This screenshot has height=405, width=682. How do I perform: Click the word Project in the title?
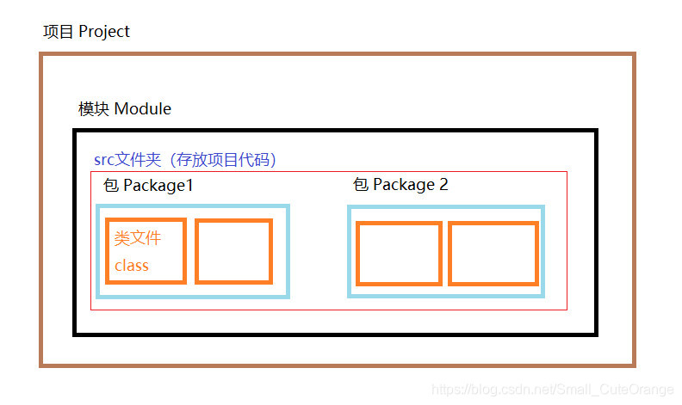pyautogui.click(x=104, y=32)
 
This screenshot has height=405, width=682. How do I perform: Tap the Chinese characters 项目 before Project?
pyautogui.click(x=59, y=32)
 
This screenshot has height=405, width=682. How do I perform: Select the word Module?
pyautogui.click(x=142, y=109)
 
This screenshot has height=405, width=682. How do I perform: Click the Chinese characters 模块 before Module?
pyautogui.click(x=94, y=109)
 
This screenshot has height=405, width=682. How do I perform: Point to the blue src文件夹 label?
pyautogui.click(x=129, y=160)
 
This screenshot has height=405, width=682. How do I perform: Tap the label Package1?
pyautogui.click(x=158, y=186)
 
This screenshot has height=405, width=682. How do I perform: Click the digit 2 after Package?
pyautogui.click(x=443, y=185)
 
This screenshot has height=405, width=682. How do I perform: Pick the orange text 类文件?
pyautogui.click(x=138, y=238)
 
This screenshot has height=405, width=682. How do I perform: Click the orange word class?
pyautogui.click(x=132, y=266)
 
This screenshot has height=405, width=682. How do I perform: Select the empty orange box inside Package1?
pyautogui.click(x=233, y=251)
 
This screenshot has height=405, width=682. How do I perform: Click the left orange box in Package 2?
pyautogui.click(x=399, y=253)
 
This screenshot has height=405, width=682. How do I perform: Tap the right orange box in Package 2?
pyautogui.click(x=493, y=253)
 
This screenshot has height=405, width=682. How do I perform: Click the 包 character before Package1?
pyautogui.click(x=110, y=186)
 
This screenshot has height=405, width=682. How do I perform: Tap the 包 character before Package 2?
pyautogui.click(x=361, y=185)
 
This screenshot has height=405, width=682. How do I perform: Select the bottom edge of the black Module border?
pyautogui.click(x=336, y=333)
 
